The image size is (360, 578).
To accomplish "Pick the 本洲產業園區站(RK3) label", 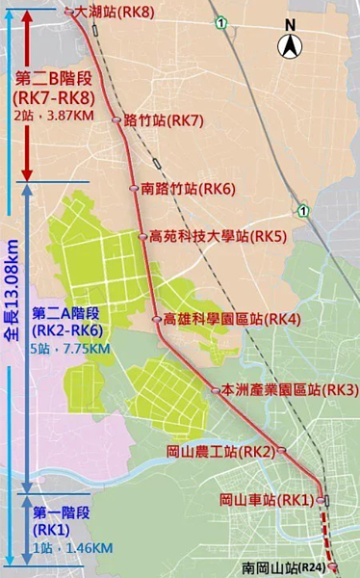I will [276, 389].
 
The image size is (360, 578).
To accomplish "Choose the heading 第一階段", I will [60, 512].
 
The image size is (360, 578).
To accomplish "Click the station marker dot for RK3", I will [216, 390].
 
